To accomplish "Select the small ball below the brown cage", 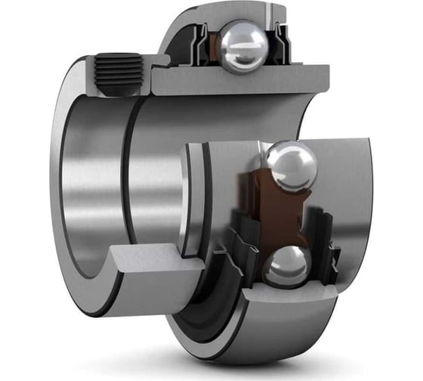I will (285, 265).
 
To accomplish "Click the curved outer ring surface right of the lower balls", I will (355, 227).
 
